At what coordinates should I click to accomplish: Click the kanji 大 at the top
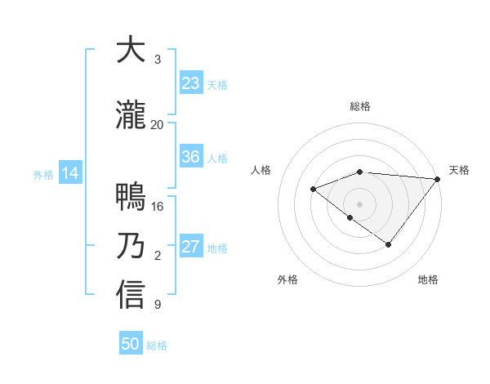tap(131, 50)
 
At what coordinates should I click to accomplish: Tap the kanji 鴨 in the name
tap(131, 196)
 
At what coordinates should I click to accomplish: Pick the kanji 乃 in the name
tap(131, 246)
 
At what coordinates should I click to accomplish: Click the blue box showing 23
tap(190, 83)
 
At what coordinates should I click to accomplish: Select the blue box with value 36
tap(190, 157)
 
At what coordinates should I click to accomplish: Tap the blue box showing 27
tap(190, 247)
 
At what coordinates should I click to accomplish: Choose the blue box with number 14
tap(69, 173)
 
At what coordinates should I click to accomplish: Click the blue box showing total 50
tap(131, 344)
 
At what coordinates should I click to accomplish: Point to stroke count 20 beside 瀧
tap(158, 125)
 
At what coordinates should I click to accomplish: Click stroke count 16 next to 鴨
tap(158, 207)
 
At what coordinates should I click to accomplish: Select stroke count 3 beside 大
tap(158, 60)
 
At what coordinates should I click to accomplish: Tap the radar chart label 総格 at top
tap(359, 106)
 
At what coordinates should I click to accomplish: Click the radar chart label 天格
tap(459, 170)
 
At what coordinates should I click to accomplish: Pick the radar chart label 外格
tap(287, 280)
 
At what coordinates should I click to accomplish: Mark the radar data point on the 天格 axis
tap(438, 179)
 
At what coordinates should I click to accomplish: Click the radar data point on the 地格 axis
tap(389, 244)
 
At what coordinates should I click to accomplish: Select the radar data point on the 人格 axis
tap(313, 190)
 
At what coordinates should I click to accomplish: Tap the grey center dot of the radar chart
tap(359, 204)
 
